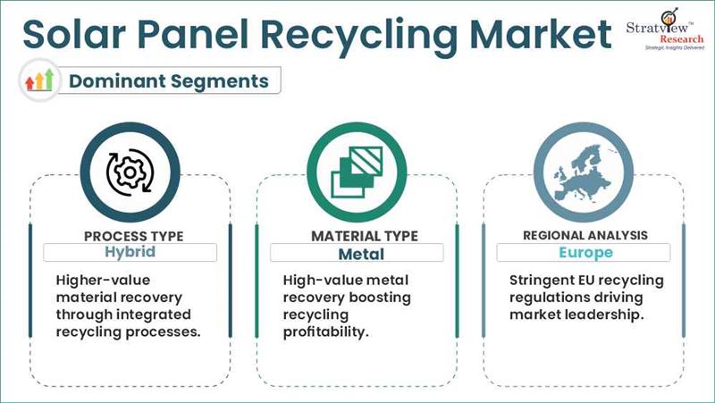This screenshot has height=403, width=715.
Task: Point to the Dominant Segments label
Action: pos(169,80)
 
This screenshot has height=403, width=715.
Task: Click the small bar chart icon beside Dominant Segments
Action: pos(40,81)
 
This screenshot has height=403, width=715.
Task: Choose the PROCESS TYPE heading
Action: pos(133,236)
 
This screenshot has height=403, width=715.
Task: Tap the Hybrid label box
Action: pos(130,252)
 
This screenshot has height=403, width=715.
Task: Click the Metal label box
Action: pos(357,252)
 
